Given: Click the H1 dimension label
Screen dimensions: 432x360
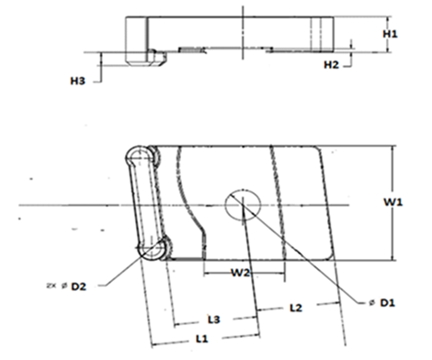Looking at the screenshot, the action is pyautogui.click(x=390, y=33).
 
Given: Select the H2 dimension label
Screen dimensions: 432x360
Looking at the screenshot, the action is pyautogui.click(x=332, y=64).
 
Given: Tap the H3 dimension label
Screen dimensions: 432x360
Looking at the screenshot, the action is pyautogui.click(x=77, y=81).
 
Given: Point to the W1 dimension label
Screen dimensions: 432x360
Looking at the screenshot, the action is pyautogui.click(x=393, y=202).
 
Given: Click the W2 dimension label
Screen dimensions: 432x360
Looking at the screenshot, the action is pyautogui.click(x=241, y=273).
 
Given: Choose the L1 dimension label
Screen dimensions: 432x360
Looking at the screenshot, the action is pyautogui.click(x=202, y=339).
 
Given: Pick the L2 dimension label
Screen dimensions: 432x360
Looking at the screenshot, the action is pyautogui.click(x=296, y=308).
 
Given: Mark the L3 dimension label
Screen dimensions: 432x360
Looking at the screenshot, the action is pyautogui.click(x=214, y=320).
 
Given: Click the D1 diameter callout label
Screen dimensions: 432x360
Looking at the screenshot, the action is pyautogui.click(x=388, y=303).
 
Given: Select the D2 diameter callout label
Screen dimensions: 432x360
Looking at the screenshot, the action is pyautogui.click(x=79, y=287).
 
